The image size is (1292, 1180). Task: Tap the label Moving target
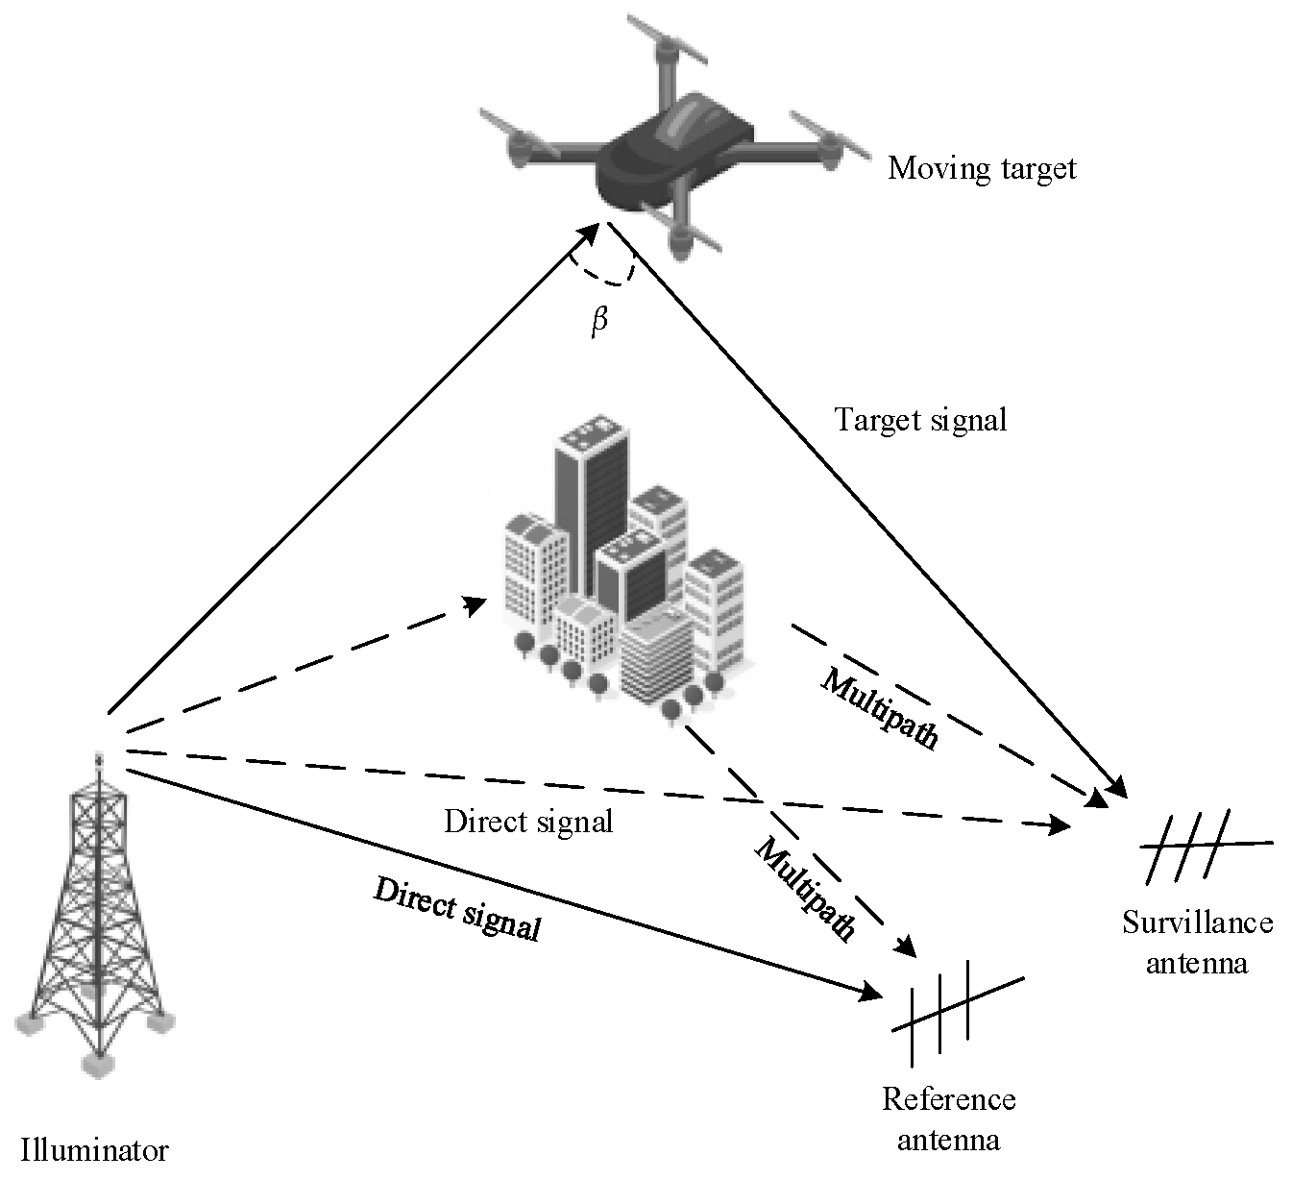[982, 169]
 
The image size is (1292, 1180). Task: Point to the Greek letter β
[599, 320]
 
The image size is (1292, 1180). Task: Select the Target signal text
[920, 420]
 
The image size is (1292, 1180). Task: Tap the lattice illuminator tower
[96, 913]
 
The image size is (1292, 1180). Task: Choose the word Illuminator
[95, 1150]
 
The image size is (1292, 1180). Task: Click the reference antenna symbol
[956, 1009]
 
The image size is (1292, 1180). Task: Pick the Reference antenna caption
[948, 1119]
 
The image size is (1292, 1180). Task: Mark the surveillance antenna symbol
[1201, 846]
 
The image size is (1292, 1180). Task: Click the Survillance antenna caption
[1197, 943]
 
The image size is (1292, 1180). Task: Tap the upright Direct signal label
[528, 822]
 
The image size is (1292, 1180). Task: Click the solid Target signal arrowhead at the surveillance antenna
[1119, 786]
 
